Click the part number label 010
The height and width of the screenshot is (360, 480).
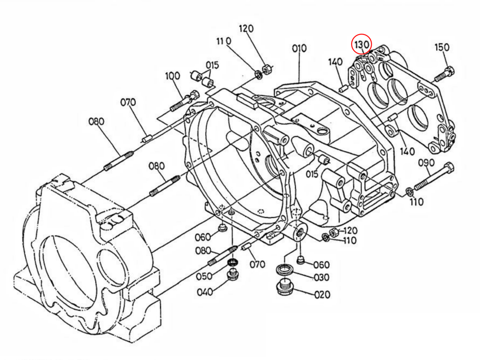(x=299, y=48)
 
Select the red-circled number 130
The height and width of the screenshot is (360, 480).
(x=361, y=45)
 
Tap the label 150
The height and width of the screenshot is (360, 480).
(x=442, y=48)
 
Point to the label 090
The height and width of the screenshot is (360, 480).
(x=426, y=163)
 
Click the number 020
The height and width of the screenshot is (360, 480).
(x=322, y=295)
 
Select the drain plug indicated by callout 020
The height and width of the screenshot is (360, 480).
(x=285, y=288)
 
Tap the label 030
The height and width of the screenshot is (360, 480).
(x=322, y=277)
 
